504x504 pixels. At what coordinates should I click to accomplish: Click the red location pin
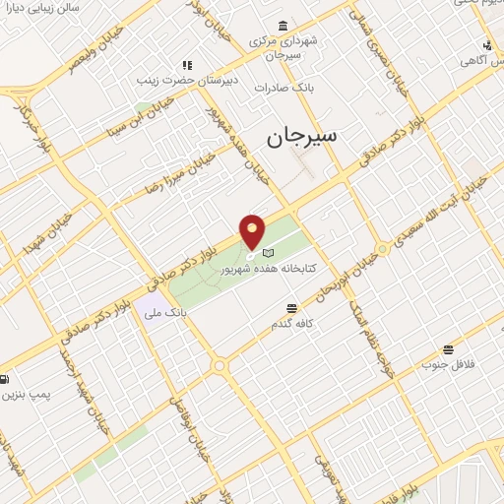coord(253,231)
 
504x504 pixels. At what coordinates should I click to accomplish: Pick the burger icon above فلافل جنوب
coord(448,349)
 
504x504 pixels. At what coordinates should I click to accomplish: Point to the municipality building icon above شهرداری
coord(283,25)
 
